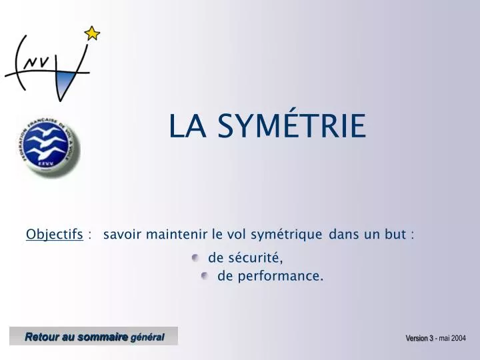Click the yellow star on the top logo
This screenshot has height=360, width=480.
click(x=92, y=33)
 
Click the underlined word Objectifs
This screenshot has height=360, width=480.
click(x=54, y=234)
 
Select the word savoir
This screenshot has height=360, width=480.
click(x=123, y=234)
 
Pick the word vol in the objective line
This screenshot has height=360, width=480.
click(x=237, y=234)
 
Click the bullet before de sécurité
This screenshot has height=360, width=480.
click(x=195, y=257)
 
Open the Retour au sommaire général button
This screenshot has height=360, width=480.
click(x=94, y=337)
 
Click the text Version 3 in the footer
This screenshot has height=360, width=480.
click(x=419, y=339)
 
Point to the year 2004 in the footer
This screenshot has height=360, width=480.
click(x=459, y=339)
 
